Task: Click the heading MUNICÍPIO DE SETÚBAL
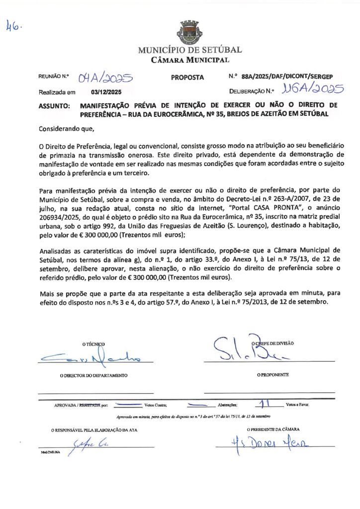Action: [x=190, y=50]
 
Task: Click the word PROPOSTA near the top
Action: [x=187, y=78]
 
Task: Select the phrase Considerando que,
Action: [x=66, y=129]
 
